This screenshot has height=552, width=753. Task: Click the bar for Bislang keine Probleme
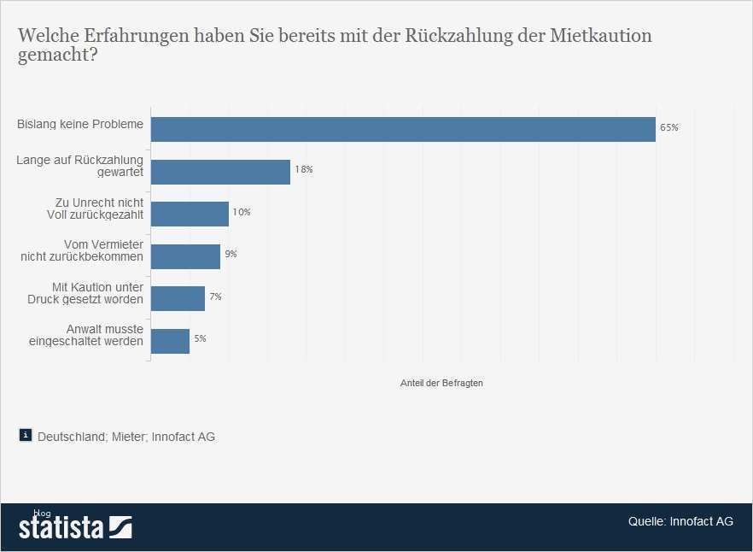click(x=403, y=129)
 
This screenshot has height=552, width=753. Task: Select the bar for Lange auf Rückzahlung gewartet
click(x=220, y=172)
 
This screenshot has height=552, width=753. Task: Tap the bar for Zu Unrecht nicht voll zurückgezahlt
click(x=190, y=214)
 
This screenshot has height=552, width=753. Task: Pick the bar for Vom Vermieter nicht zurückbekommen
click(x=185, y=256)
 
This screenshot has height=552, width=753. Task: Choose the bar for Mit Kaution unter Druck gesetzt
click(x=178, y=298)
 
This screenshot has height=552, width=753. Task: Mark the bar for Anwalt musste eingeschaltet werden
click(x=170, y=341)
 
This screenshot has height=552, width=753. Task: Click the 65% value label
click(x=668, y=128)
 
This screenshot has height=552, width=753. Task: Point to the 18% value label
click(x=303, y=170)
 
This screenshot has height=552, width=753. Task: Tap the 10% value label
click(x=242, y=212)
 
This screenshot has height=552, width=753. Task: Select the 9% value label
click(x=231, y=255)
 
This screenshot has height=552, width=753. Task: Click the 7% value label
click(x=215, y=297)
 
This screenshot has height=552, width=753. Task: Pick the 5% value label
click(x=200, y=339)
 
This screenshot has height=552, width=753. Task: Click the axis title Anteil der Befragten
click(x=441, y=384)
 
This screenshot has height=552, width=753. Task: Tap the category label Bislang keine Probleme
click(x=80, y=125)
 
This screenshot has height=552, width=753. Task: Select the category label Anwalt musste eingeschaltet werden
click(x=100, y=335)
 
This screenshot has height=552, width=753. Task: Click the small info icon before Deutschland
click(x=26, y=435)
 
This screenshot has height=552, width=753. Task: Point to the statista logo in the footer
click(x=75, y=526)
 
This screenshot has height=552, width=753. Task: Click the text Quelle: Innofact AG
click(x=680, y=522)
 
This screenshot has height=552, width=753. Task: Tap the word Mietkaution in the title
click(x=603, y=37)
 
